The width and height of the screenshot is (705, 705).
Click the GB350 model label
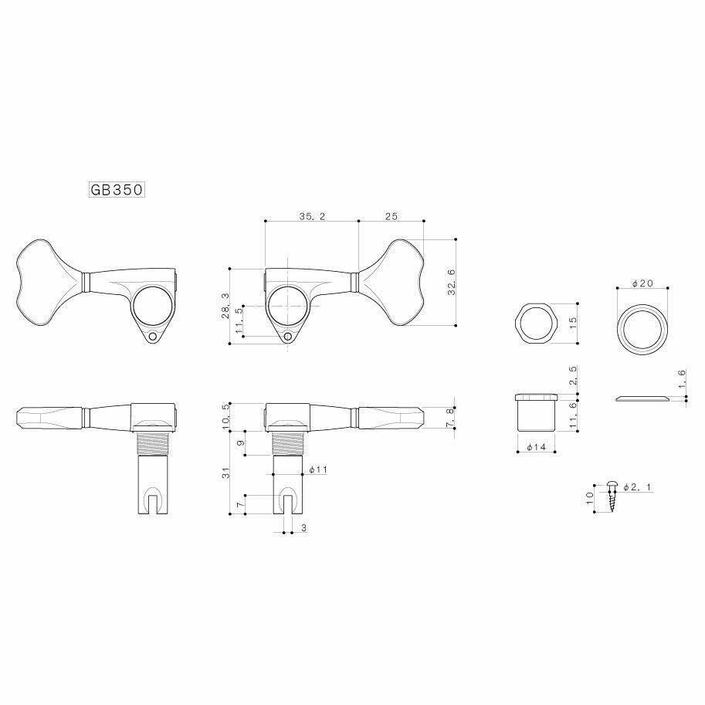(x=114, y=190)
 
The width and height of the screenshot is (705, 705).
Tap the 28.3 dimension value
(x=225, y=306)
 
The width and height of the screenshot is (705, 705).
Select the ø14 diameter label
(x=534, y=447)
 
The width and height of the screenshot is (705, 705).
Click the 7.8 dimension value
(x=450, y=418)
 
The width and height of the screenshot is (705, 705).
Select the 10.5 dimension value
(x=225, y=415)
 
